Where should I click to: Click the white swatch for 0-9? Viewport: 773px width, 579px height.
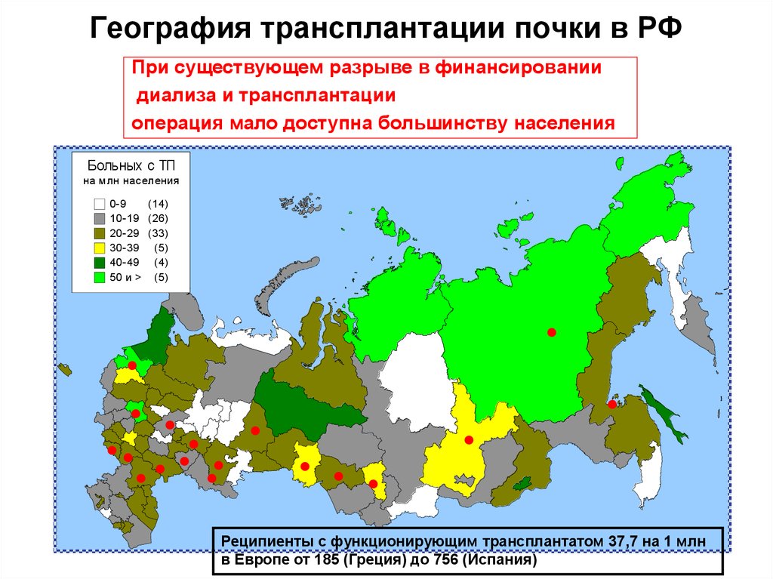click(99, 204)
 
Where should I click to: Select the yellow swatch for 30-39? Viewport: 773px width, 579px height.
click(99, 248)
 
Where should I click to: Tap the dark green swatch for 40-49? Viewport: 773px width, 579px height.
click(99, 263)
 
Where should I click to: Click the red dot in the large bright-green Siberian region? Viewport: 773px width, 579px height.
click(552, 332)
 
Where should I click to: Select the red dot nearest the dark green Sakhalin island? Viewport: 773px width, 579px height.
click(612, 405)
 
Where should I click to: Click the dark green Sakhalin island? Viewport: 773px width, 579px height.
click(665, 414)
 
